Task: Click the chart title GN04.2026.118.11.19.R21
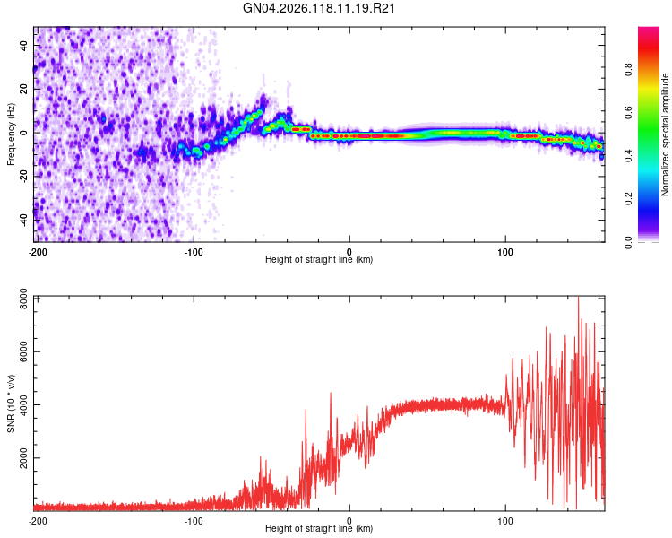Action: click(319, 8)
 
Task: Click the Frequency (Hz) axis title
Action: click(11, 134)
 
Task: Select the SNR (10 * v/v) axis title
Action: click(11, 403)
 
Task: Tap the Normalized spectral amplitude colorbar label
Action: click(665, 134)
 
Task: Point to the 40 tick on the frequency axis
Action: click(23, 45)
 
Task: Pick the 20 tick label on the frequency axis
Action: click(23, 89)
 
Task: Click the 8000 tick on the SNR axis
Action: click(23, 299)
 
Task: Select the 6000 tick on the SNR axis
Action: click(23, 351)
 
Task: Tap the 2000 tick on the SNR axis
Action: click(23, 458)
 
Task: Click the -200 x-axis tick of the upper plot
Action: click(38, 252)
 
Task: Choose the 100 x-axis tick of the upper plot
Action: click(505, 252)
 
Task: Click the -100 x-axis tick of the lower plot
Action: click(194, 521)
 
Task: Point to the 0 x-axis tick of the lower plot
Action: click(349, 521)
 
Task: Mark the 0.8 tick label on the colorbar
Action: click(628, 69)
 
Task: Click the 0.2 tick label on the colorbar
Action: click(628, 199)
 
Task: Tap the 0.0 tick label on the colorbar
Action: click(628, 242)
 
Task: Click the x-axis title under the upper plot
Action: click(319, 259)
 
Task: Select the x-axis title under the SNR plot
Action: click(319, 528)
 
